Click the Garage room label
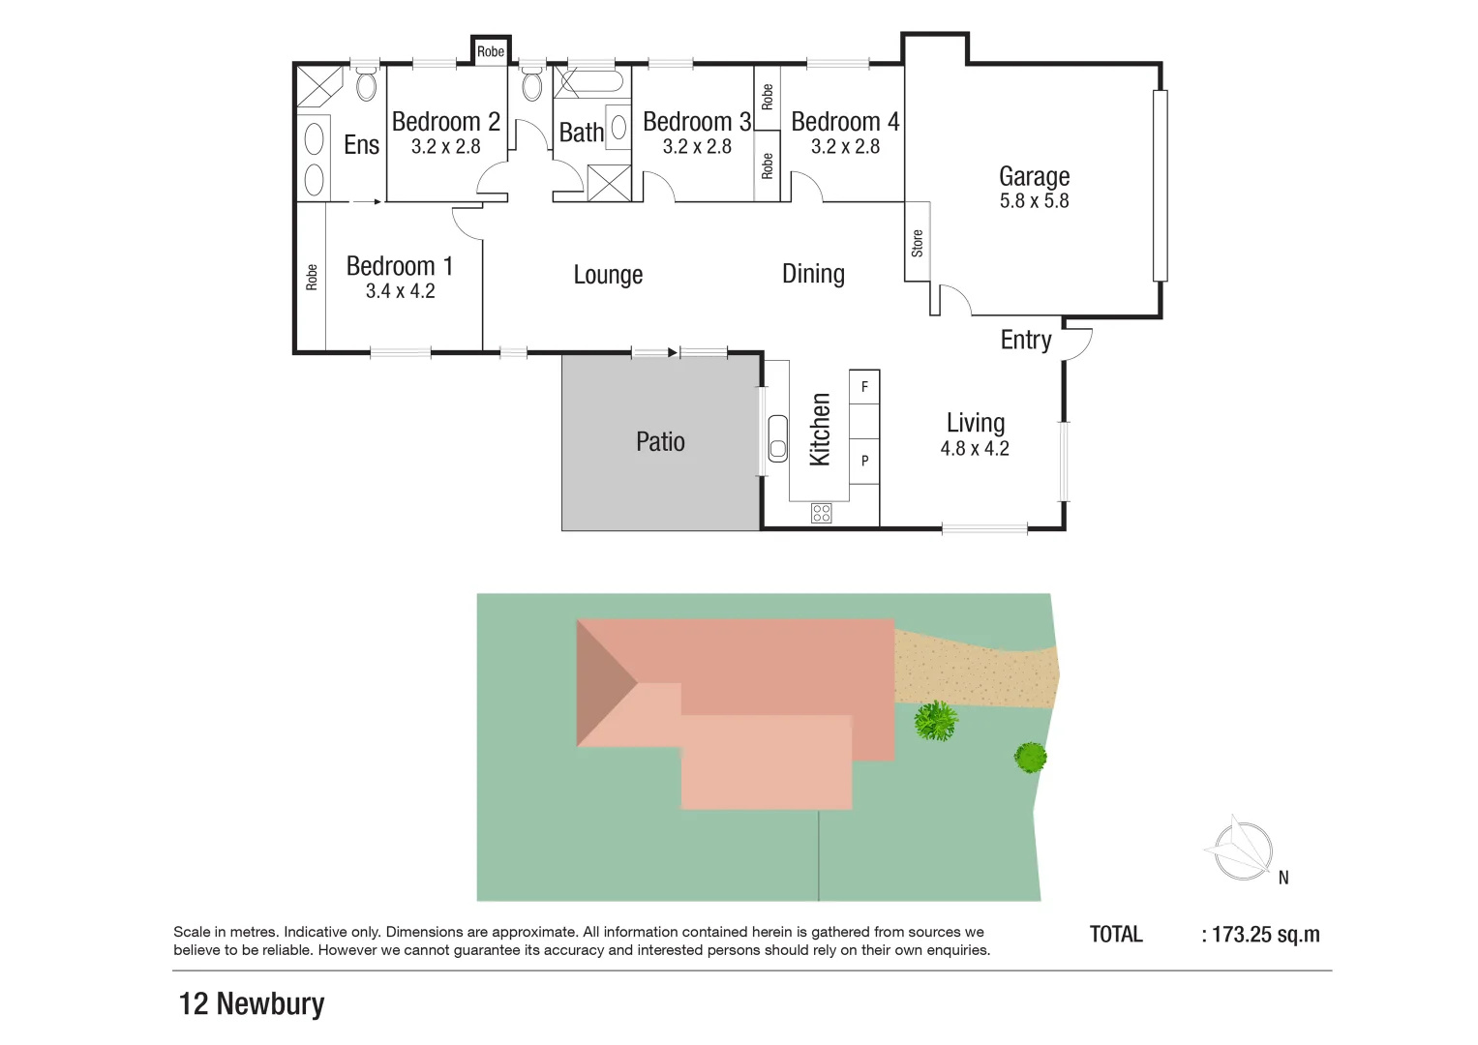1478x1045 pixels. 1034,176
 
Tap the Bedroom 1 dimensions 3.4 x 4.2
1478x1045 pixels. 400,291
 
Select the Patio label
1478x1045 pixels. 660,442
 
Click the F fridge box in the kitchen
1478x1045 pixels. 864,387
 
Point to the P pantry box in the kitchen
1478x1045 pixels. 864,461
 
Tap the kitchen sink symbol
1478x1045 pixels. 777,438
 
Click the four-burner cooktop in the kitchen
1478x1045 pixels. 821,513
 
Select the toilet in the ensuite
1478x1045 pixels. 366,84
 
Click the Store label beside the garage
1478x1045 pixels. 917,243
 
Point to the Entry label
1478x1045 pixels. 1025,340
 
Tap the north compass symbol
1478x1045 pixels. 1241,850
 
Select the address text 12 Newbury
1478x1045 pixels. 252,1003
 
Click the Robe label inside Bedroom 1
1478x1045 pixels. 312,278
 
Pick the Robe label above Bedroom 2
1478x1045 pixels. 491,51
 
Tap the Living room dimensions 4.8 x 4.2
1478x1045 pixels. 975,449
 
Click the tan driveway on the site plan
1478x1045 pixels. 973,668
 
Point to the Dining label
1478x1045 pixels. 813,275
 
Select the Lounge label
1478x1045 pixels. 608,275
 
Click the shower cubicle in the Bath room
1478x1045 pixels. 609,184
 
